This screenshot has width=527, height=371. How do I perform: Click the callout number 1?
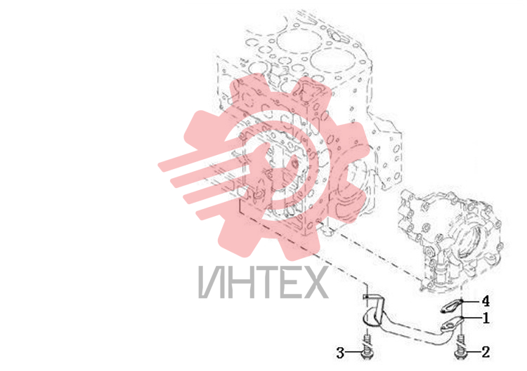tap(486, 318)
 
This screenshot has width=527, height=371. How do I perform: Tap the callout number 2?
tap(486, 352)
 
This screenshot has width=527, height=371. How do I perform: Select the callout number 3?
tap(340, 353)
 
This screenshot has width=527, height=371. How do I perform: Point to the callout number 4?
tap(486, 301)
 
